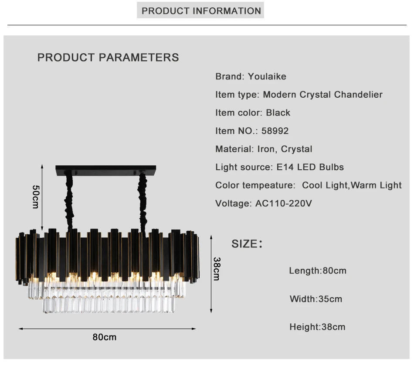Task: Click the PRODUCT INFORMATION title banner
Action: (x=200, y=10)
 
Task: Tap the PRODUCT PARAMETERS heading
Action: (x=108, y=57)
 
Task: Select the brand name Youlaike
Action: (x=267, y=76)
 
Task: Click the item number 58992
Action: (x=275, y=131)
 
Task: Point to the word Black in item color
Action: (x=278, y=113)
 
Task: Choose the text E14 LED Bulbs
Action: (x=310, y=167)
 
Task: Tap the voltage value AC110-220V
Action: (x=284, y=203)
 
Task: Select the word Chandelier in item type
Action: (x=358, y=94)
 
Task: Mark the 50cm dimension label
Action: (x=36, y=197)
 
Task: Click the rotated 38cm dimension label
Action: (x=217, y=268)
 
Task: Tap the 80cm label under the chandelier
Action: (x=104, y=337)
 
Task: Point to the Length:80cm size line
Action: (x=318, y=271)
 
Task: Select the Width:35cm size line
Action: (x=316, y=299)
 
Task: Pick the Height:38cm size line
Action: (x=317, y=327)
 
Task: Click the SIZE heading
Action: (x=247, y=243)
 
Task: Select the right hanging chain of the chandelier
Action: (x=143, y=202)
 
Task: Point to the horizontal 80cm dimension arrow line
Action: (x=107, y=329)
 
